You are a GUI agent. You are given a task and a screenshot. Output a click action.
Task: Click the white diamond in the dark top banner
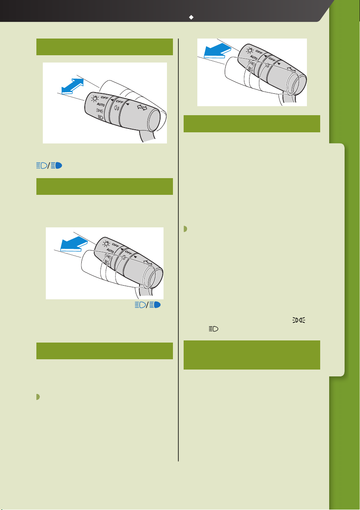coord(191,17)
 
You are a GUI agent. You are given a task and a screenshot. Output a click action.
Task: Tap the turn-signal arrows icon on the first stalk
coord(142,107)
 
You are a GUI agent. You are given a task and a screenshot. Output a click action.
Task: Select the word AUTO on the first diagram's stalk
coord(101,105)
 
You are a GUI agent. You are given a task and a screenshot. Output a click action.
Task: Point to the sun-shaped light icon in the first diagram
coord(95,98)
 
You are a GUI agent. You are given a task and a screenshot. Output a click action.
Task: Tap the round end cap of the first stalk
coord(154,120)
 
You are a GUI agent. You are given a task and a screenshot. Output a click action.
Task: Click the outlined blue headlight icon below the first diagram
coord(42,166)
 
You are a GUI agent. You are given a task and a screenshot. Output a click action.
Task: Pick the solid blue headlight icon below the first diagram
coord(56,166)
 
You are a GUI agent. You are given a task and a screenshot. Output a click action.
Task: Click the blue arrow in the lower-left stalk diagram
coord(74,244)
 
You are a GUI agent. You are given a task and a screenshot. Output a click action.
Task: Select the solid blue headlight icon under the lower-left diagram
coord(155,305)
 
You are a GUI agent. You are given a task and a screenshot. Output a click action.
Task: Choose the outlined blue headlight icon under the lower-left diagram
coord(140,305)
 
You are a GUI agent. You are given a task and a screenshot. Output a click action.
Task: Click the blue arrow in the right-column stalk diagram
coord(217,51)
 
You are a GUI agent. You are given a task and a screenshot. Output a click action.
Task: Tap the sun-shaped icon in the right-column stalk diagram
coord(250,51)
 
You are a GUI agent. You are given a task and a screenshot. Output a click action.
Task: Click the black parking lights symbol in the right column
coord(299,320)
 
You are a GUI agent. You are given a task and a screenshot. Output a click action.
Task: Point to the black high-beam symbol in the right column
coord(214,329)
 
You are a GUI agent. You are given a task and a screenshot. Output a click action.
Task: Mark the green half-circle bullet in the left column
coord(38,397)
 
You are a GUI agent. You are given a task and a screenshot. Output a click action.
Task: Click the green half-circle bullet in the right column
coord(185,229)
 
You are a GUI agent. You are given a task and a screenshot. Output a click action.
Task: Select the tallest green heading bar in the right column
coord(252,355)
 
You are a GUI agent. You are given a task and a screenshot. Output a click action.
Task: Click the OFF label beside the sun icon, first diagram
coord(104,97)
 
